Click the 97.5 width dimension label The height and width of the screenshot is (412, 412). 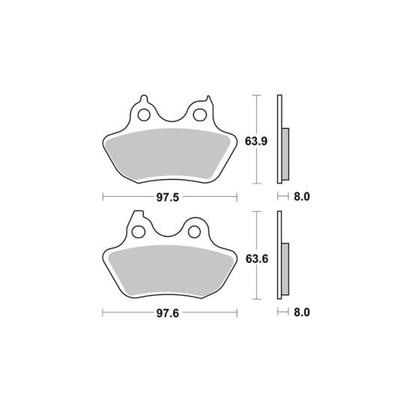tap(168, 197)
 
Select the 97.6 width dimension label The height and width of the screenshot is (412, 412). tap(168, 313)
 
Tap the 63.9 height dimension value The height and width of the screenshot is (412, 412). tap(256, 142)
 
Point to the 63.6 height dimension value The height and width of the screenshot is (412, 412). tap(257, 259)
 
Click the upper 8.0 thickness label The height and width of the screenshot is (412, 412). tap(302, 196)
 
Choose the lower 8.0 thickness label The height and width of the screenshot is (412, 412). tap(302, 312)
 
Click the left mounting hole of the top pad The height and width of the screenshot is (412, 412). tap(144, 115)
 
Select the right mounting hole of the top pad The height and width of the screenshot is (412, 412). tap(199, 115)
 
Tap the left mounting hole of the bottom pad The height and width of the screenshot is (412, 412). tap(139, 232)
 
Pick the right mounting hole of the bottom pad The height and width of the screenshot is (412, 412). tap(195, 232)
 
